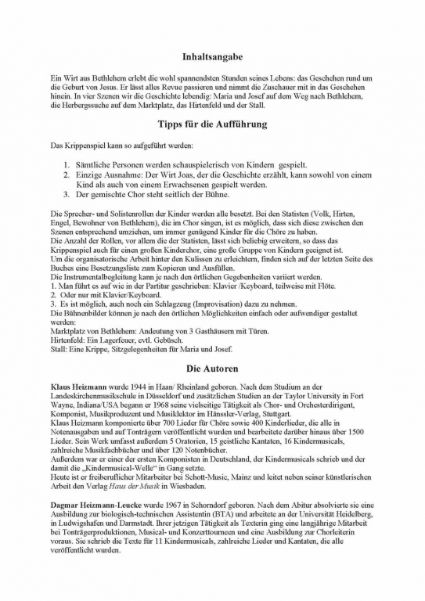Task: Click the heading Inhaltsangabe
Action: click(212, 58)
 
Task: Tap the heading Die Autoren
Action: click(212, 366)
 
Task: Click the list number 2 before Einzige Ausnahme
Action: click(67, 176)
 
